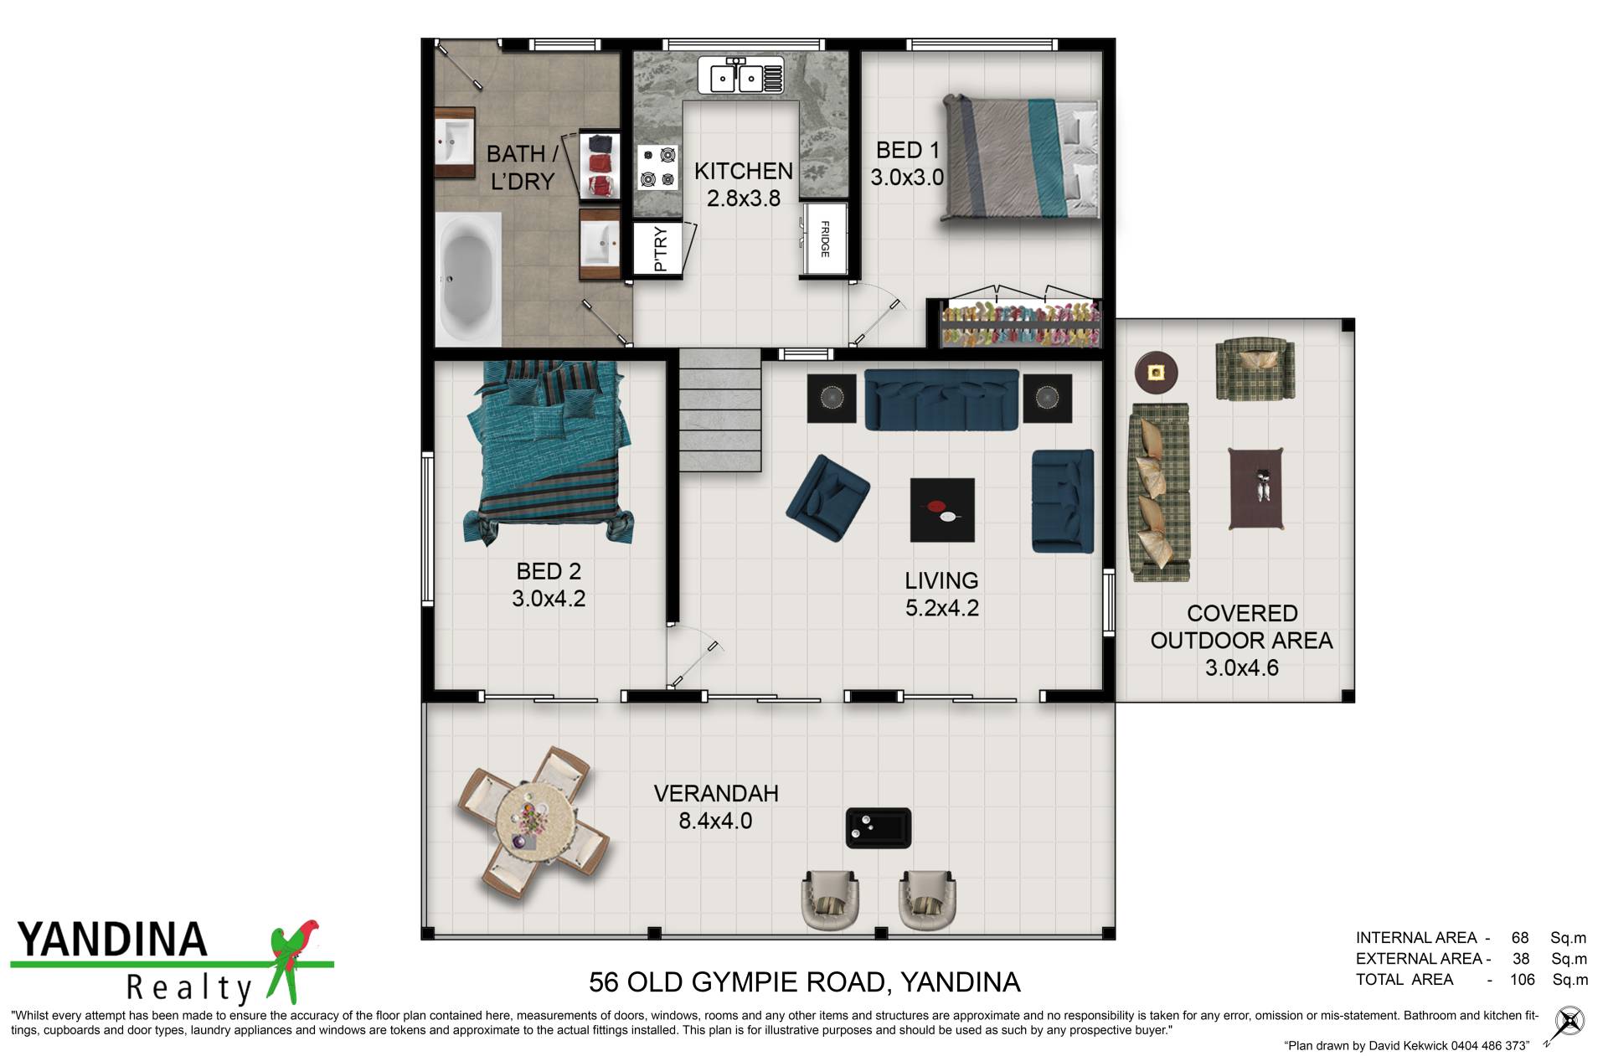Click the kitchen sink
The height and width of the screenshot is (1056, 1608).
pyautogui.click(x=740, y=76)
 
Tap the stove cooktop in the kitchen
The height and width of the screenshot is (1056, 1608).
pyautogui.click(x=657, y=167)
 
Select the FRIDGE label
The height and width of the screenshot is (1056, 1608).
pyautogui.click(x=825, y=239)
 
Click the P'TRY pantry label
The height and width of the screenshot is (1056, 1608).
pyautogui.click(x=660, y=249)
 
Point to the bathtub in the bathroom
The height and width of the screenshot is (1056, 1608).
pyautogui.click(x=467, y=278)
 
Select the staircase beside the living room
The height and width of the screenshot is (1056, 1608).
pyautogui.click(x=719, y=410)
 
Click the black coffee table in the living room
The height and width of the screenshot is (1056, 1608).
pyautogui.click(x=942, y=510)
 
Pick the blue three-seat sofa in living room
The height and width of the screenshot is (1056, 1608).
pyautogui.click(x=941, y=400)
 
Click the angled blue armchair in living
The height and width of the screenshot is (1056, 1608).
pyautogui.click(x=827, y=497)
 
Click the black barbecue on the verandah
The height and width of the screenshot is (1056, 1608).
pyautogui.click(x=878, y=827)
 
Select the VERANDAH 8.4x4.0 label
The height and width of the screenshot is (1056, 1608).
pyautogui.click(x=716, y=807)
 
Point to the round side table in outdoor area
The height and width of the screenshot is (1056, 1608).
pyautogui.click(x=1156, y=372)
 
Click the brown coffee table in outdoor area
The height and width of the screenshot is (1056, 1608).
pyautogui.click(x=1256, y=488)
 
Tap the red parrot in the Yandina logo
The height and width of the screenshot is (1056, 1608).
pyautogui.click(x=293, y=959)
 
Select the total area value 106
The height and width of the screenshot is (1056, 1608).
pyautogui.click(x=1523, y=980)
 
